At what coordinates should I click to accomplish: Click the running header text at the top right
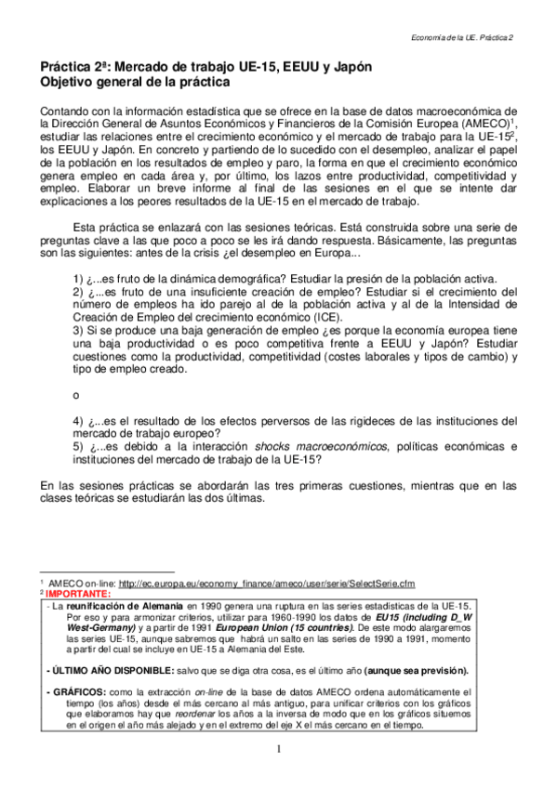[462, 35]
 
